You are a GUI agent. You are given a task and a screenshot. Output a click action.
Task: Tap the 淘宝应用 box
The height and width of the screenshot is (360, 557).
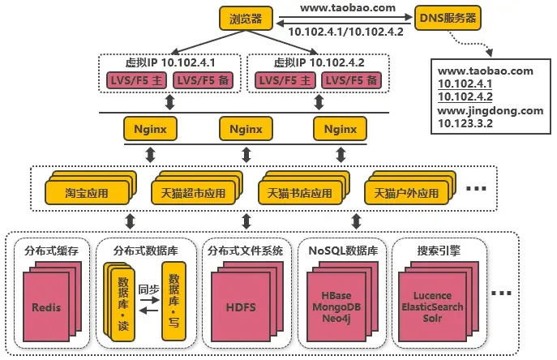coord(87,194)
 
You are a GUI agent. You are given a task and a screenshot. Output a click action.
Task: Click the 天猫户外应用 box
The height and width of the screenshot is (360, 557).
coord(406,194)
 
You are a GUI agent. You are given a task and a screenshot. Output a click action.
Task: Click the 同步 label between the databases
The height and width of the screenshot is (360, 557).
coord(148,289)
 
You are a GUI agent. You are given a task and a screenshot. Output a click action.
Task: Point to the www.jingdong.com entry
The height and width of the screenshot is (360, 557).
coord(486,110)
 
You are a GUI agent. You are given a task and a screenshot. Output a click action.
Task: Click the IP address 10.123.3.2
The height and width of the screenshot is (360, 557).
coord(465,123)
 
